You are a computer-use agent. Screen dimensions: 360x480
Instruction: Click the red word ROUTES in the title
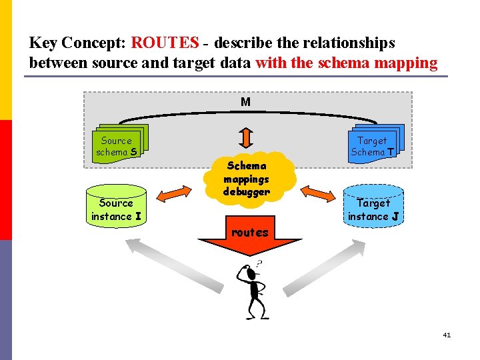165,43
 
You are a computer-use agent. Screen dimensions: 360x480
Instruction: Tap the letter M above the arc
245,102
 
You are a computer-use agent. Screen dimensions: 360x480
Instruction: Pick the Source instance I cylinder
116,205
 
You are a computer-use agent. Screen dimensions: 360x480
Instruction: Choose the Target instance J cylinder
373,205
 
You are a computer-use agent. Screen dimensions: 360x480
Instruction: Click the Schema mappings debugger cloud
247,178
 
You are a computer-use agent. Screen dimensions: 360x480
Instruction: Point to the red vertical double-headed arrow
246,136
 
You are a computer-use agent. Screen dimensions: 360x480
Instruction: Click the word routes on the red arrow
249,233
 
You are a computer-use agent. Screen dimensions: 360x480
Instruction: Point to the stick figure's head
249,273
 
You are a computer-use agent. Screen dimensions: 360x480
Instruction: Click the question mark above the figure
258,264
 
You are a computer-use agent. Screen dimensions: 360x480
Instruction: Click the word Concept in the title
98,43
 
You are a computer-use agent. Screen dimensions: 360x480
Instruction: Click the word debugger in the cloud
247,192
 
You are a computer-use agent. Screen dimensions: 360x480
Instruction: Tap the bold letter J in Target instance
395,217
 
